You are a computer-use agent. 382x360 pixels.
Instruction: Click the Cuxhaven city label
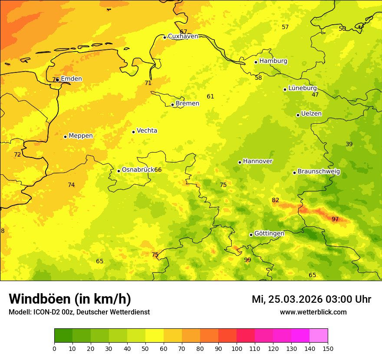(x=183, y=36)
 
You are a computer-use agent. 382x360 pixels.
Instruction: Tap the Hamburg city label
(x=273, y=61)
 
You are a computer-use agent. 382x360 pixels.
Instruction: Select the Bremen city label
(x=188, y=104)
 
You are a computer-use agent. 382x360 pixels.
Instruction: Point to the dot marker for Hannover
(x=240, y=162)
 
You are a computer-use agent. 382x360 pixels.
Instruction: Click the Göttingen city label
(x=269, y=234)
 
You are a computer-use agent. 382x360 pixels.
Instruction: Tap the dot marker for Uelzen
(x=298, y=115)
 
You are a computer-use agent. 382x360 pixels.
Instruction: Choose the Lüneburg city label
(x=303, y=88)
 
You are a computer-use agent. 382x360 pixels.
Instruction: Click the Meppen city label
(x=81, y=136)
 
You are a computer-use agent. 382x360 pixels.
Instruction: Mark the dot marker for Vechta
(x=133, y=132)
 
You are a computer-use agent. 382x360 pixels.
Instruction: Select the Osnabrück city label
(x=138, y=170)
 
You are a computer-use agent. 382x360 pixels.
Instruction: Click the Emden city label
(x=71, y=79)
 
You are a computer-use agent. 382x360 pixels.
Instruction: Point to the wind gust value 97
(x=335, y=219)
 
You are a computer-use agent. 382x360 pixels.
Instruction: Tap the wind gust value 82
(x=276, y=200)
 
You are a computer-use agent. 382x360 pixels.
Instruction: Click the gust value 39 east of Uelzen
(x=349, y=144)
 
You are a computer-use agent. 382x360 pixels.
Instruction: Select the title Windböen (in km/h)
(x=70, y=299)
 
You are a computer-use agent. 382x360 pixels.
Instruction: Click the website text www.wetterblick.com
(x=313, y=312)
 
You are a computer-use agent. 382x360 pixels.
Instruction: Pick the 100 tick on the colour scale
(x=237, y=348)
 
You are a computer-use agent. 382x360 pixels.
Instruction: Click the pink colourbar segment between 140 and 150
(x=319, y=336)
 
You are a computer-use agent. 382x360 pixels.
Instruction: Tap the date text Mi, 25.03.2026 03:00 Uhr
(x=311, y=299)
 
